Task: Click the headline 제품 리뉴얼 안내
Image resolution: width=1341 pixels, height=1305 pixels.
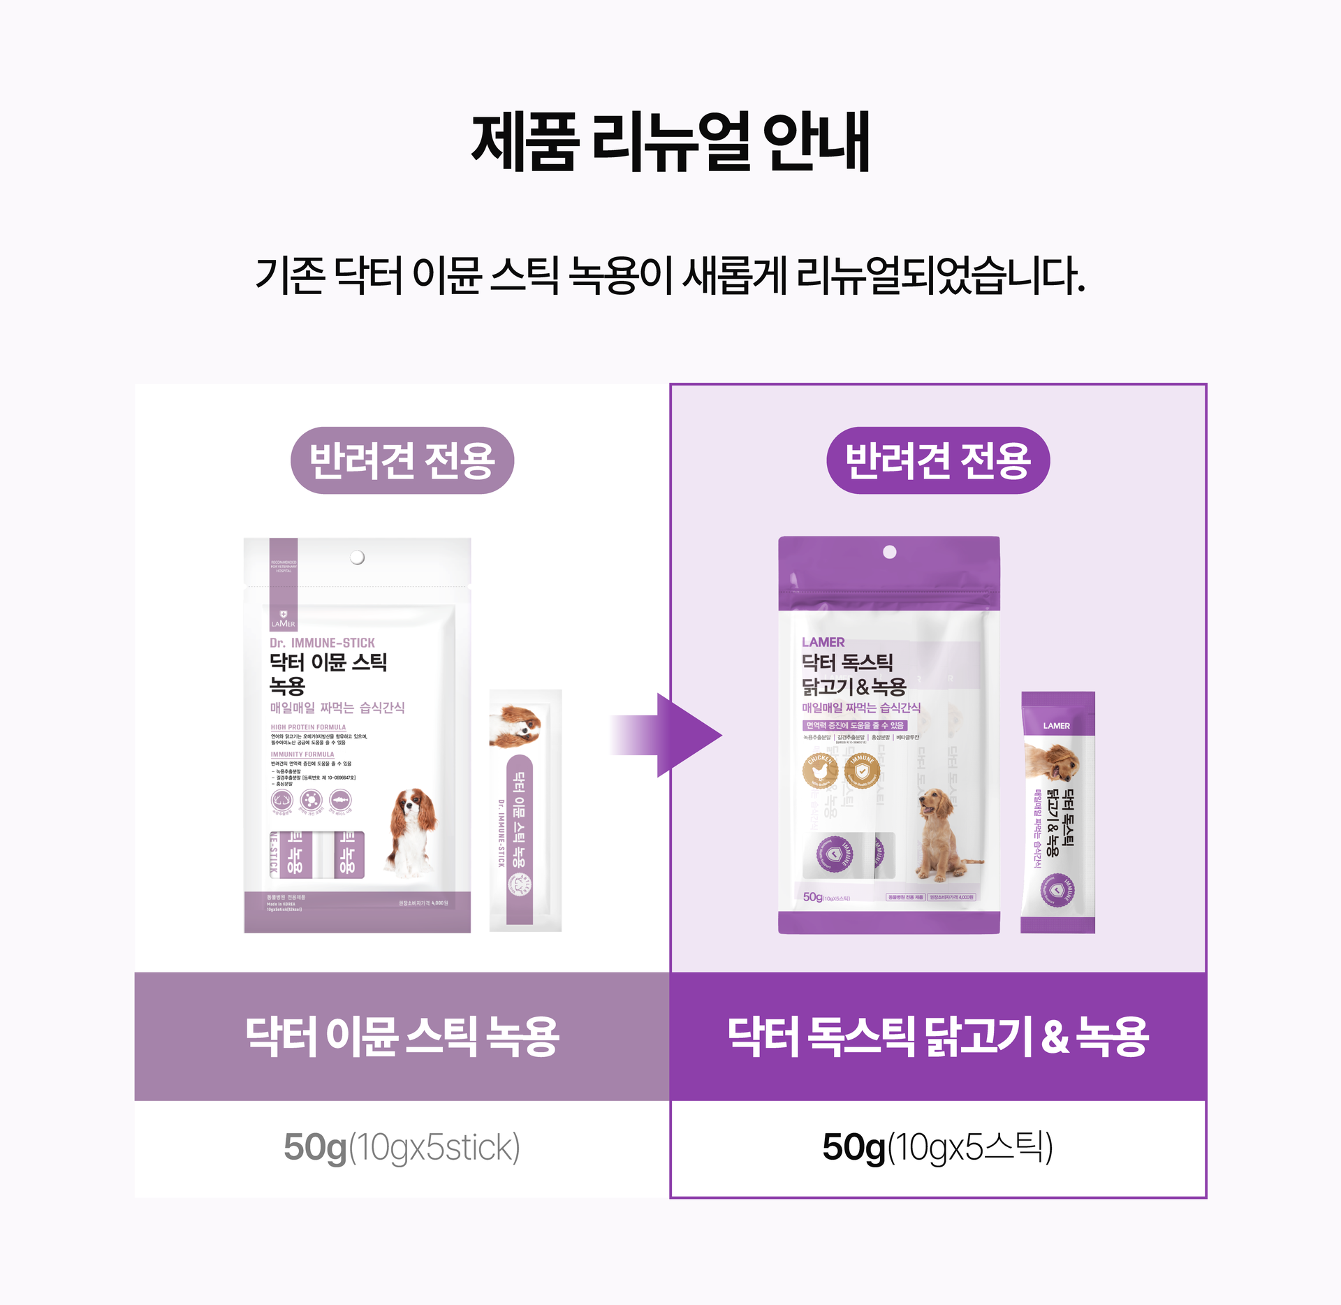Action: (x=670, y=142)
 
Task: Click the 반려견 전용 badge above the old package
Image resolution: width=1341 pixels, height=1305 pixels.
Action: (x=402, y=460)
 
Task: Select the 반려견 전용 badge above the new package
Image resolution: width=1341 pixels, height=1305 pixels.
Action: (x=937, y=460)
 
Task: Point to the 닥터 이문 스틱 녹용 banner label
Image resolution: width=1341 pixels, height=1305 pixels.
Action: (x=402, y=1036)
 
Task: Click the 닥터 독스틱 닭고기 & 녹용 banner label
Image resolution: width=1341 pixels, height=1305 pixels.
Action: (x=937, y=1036)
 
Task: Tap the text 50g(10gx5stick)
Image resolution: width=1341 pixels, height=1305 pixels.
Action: (x=402, y=1148)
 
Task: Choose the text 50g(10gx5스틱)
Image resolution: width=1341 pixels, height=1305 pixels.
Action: (x=937, y=1148)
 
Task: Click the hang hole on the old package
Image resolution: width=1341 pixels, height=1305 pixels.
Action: (x=357, y=557)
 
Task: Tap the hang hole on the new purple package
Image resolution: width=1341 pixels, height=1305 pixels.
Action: (x=889, y=553)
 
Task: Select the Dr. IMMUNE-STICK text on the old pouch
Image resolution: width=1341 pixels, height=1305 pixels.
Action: (x=322, y=643)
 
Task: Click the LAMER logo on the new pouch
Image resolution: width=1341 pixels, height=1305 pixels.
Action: (x=823, y=642)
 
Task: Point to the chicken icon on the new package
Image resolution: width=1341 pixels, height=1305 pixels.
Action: (x=820, y=771)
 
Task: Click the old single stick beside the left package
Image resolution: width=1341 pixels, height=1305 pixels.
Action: (x=525, y=810)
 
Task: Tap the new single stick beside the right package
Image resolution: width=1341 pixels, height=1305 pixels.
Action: (x=1057, y=812)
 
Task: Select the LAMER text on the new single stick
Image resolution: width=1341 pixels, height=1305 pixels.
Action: (x=1056, y=726)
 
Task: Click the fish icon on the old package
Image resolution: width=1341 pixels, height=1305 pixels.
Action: (x=340, y=800)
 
